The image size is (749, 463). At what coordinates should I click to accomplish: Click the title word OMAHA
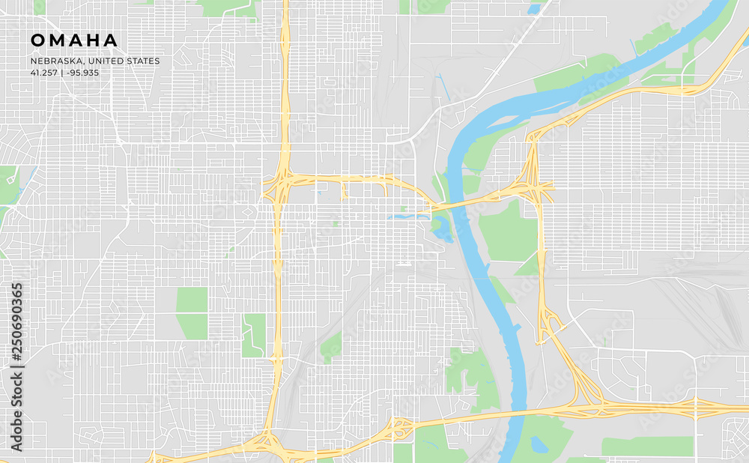point(74,40)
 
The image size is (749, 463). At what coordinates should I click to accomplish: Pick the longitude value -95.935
point(82,73)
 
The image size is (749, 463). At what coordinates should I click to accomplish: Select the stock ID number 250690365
point(17,324)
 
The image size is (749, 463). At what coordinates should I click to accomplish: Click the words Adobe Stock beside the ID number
point(17,409)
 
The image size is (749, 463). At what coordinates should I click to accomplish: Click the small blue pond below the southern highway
point(539,444)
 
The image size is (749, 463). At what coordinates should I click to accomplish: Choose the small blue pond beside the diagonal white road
point(534,9)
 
